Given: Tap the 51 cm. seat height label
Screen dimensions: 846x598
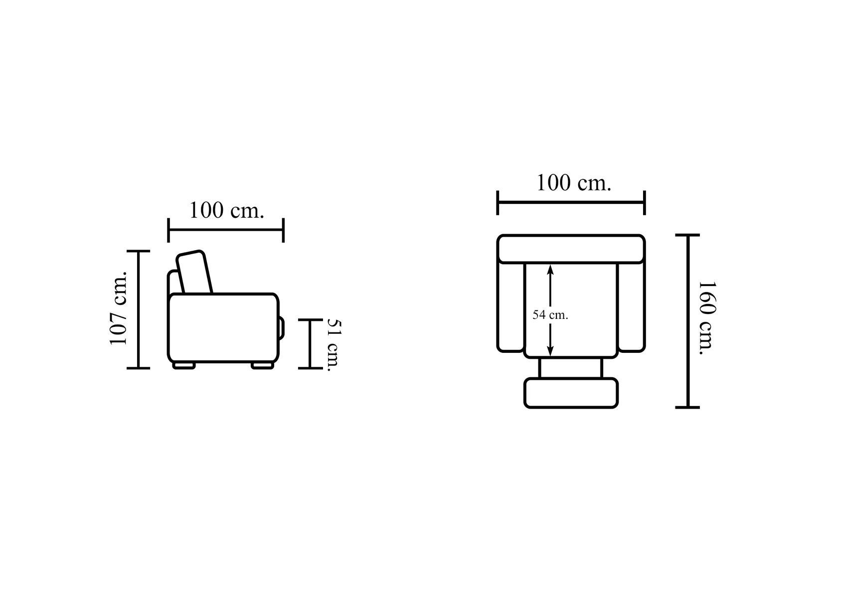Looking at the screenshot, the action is [334, 345].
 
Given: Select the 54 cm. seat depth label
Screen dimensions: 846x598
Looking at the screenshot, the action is [550, 315].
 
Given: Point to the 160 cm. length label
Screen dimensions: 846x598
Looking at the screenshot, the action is [706, 318].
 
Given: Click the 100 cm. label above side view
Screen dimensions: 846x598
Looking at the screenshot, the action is [226, 210].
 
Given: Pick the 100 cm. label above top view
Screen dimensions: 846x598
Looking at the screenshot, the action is [573, 183].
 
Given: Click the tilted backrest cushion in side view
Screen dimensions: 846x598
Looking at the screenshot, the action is [194, 272].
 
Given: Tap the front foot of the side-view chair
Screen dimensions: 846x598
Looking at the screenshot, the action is [263, 365].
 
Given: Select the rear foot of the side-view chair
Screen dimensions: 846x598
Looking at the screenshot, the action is [184, 365].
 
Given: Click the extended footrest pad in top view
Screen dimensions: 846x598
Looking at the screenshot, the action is [571, 393].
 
